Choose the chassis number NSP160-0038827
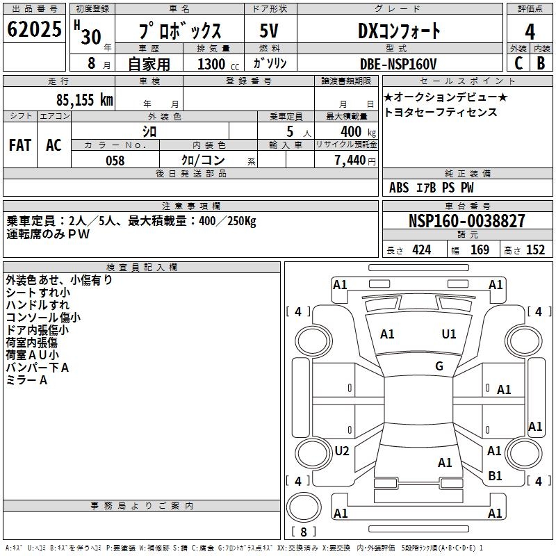(467, 221)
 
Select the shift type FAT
(20, 145)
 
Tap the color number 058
(115, 161)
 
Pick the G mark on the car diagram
(439, 366)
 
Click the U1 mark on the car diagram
(449, 334)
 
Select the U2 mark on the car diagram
(342, 451)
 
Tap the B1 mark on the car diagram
(495, 476)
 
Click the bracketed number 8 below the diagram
(304, 532)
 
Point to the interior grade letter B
(541, 63)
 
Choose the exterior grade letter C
(518, 63)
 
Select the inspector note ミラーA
(26, 380)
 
